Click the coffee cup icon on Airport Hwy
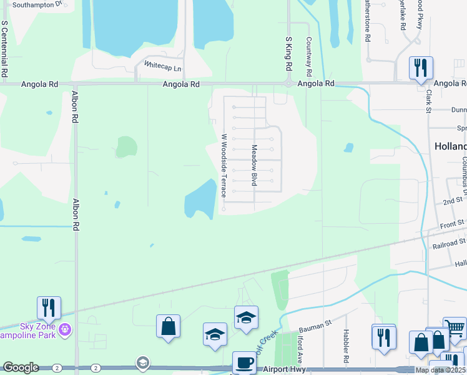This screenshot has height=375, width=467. click(x=244, y=362)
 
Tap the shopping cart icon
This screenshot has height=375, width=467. click(x=455, y=328)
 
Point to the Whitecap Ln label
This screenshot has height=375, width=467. click(x=163, y=65)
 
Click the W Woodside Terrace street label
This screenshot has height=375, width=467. click(x=224, y=164)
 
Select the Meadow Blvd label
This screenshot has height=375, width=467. click(x=254, y=166)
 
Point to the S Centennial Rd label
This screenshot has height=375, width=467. click(x=4, y=49)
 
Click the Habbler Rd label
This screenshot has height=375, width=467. click(x=345, y=347)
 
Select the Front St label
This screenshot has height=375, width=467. click(x=453, y=224)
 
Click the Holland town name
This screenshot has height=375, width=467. click(x=450, y=146)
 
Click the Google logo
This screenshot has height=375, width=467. click(x=21, y=367)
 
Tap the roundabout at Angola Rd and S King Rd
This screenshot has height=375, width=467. click(x=288, y=83)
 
